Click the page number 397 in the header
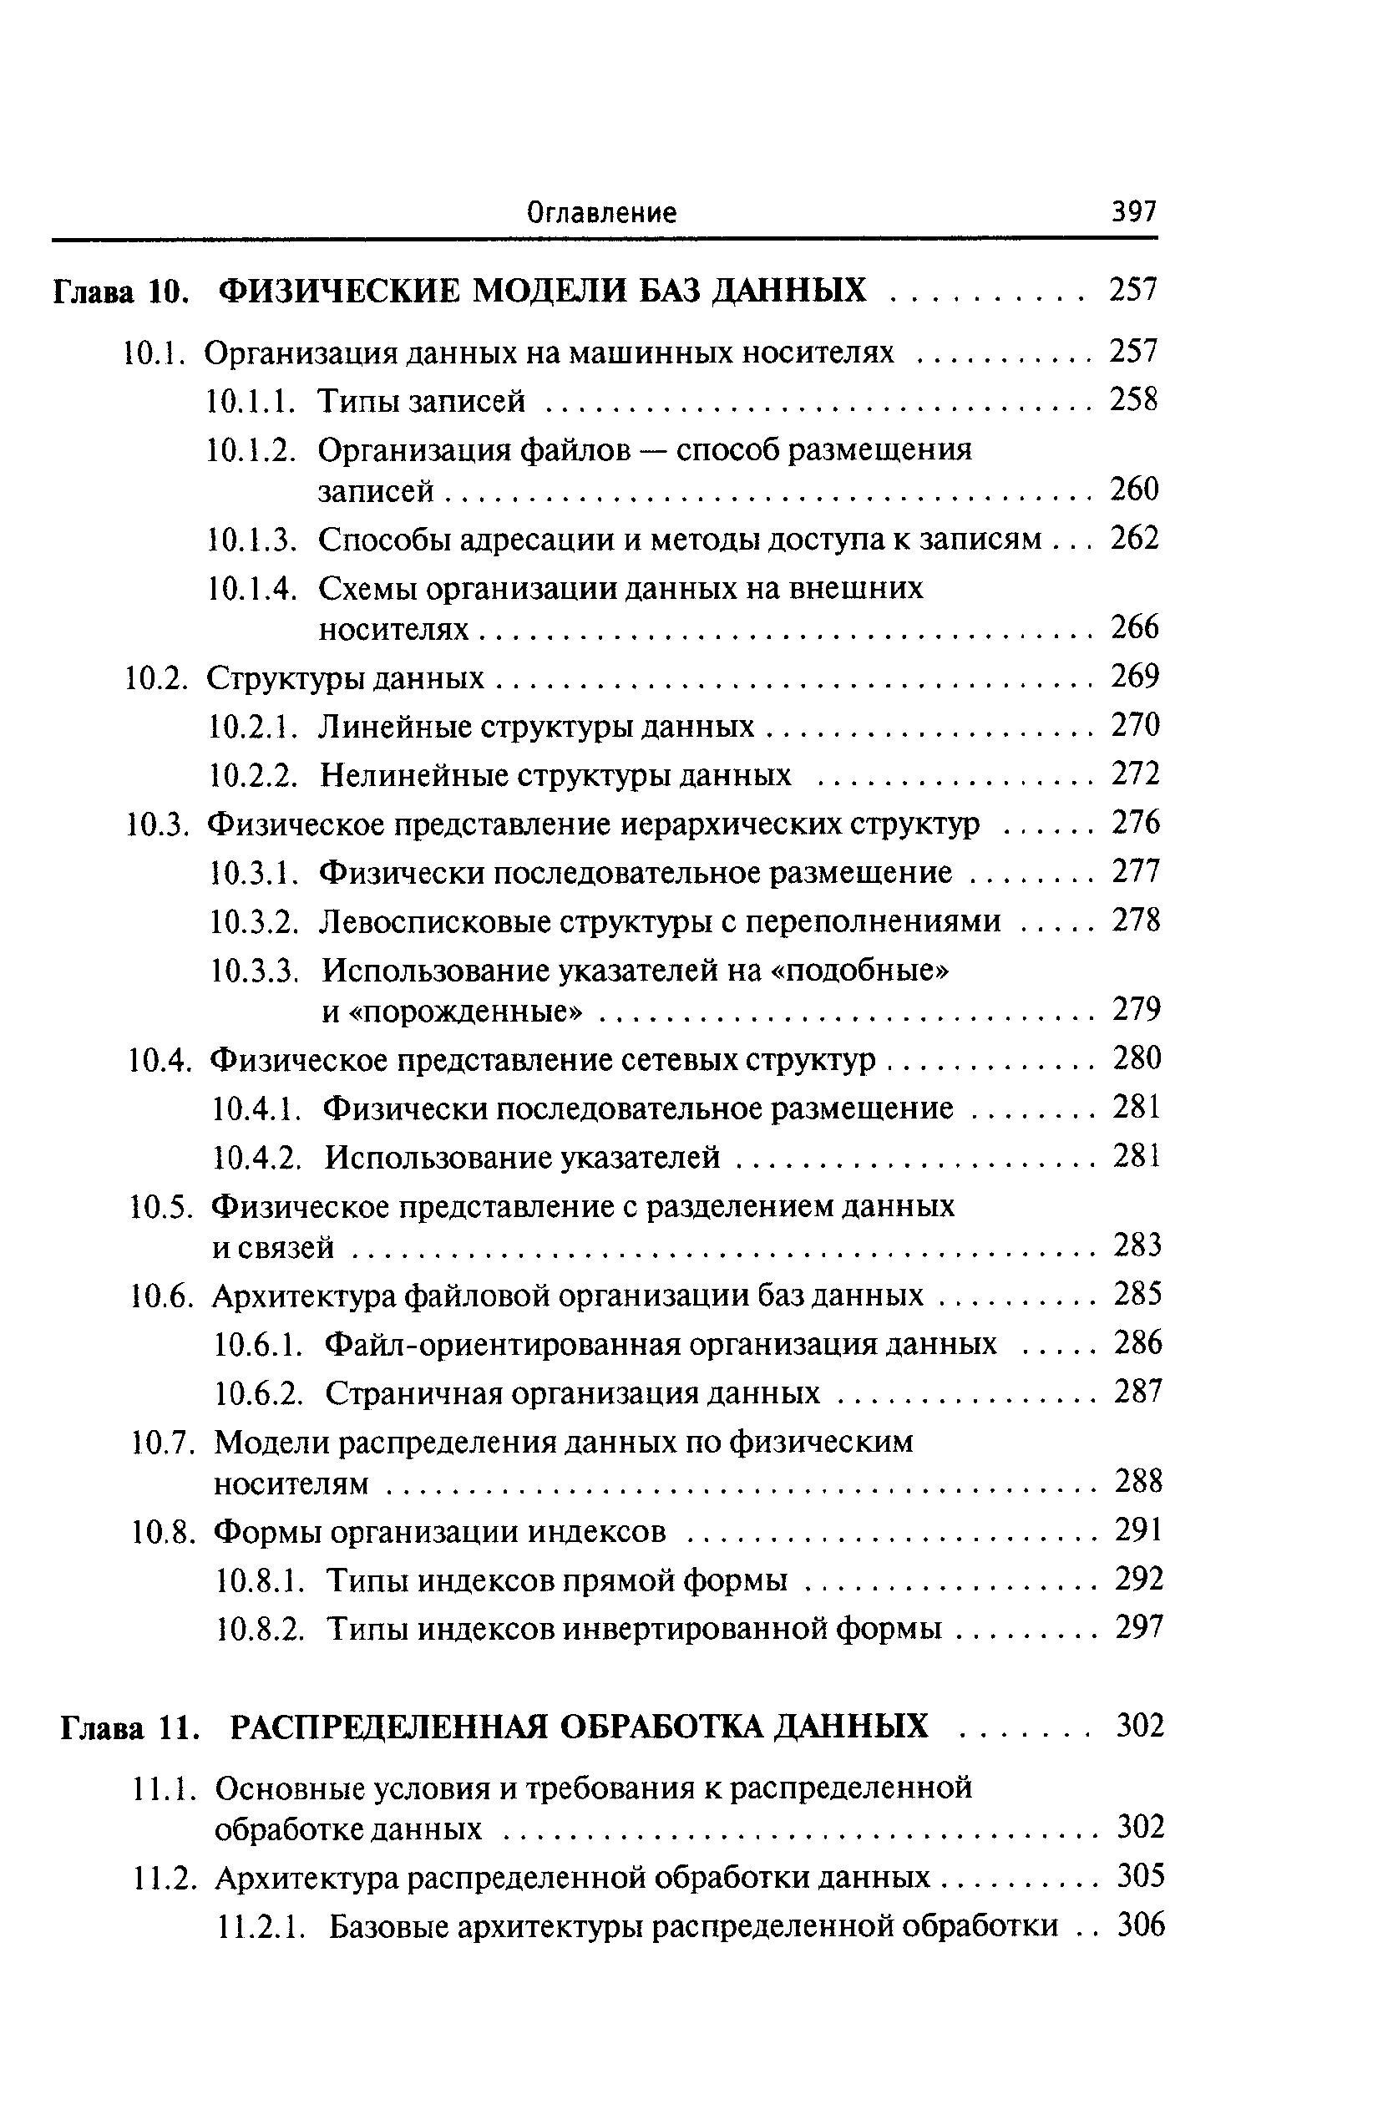pos(1132,212)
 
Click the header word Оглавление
pos(602,212)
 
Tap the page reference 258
pos(1133,400)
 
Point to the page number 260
pos(1134,489)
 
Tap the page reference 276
pos(1136,822)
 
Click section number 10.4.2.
pos(256,1158)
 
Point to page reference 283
pos(1137,1245)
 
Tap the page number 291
pos(1138,1531)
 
